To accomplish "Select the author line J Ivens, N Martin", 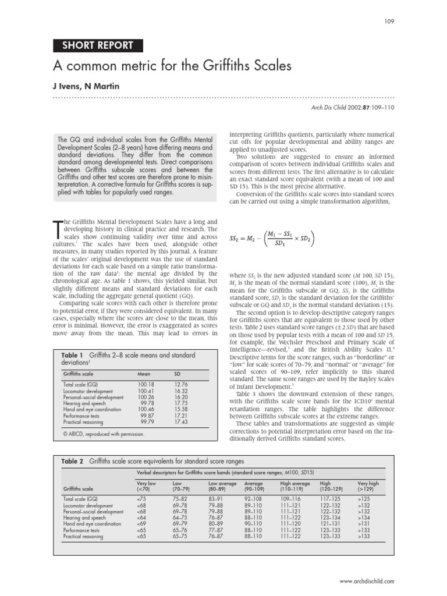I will pos(86,87).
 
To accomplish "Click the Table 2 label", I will pos(73,461).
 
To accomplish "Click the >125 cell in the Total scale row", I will pos(364,499).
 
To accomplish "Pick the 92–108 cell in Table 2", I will pos(254,499).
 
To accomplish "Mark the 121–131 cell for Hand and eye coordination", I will pos(330,524).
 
